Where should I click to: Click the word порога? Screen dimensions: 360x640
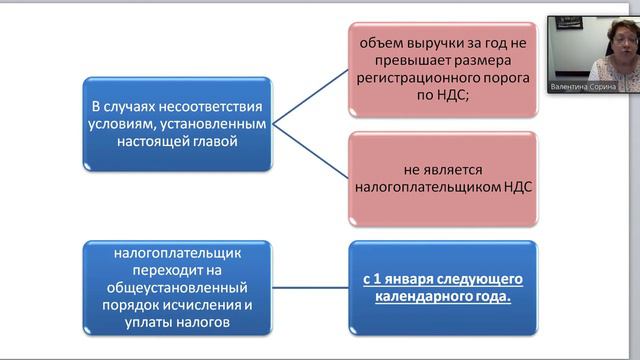click(495, 74)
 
